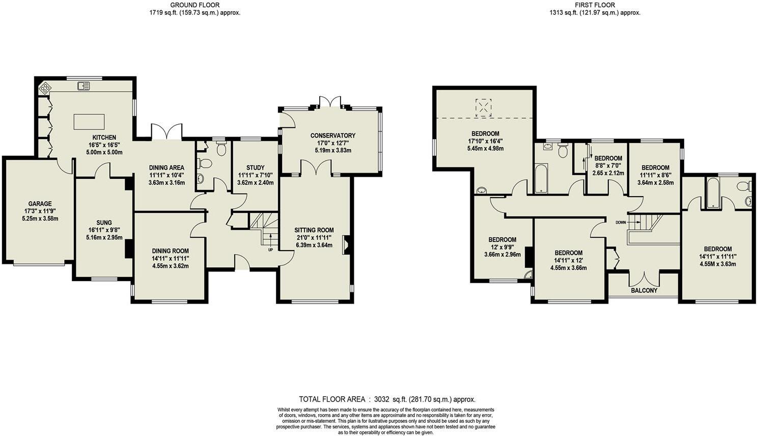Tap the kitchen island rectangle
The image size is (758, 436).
(x=89, y=122)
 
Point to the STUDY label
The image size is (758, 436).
(x=255, y=168)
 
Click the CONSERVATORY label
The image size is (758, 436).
(x=333, y=135)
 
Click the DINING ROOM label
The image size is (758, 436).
(x=170, y=251)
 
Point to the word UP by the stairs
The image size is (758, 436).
(x=270, y=250)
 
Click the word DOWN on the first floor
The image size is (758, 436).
(x=621, y=222)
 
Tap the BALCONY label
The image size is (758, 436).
(x=644, y=291)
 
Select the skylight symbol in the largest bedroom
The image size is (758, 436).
(x=483, y=107)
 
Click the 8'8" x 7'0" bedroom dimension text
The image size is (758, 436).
(x=608, y=166)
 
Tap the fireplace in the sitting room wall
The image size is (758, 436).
(x=346, y=244)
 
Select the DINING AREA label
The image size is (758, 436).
(x=166, y=168)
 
